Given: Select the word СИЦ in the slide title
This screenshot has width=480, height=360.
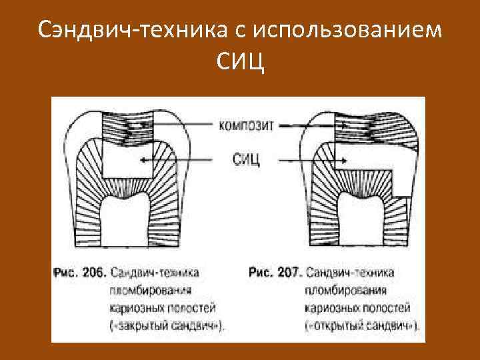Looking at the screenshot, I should pyautogui.click(x=240, y=63).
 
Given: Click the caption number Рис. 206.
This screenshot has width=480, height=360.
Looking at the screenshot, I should pyautogui.click(x=79, y=273).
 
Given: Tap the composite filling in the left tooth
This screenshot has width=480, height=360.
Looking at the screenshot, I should pyautogui.click(x=127, y=127).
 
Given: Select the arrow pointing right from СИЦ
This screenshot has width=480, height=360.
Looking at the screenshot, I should pyautogui.click(x=313, y=159).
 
